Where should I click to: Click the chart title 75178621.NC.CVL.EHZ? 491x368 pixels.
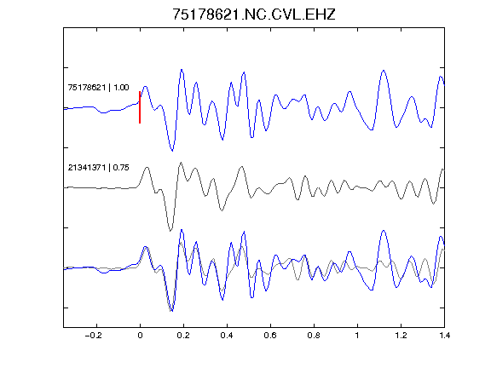(254, 14)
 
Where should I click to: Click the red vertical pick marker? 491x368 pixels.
(140, 107)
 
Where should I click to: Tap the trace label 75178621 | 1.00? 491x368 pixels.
(98, 87)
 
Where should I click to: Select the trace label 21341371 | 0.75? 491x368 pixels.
(98, 168)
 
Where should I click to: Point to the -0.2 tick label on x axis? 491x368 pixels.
(93, 336)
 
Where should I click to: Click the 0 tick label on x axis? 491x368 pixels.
(140, 336)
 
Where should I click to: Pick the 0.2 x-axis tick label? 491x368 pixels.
(183, 336)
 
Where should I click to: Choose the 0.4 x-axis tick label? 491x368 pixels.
(227, 336)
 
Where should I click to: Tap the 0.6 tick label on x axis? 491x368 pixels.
(270, 336)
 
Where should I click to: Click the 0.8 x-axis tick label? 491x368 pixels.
(314, 336)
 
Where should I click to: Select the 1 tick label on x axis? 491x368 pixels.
(357, 336)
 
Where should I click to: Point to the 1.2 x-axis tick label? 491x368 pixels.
(401, 336)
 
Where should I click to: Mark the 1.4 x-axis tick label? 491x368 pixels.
(444, 336)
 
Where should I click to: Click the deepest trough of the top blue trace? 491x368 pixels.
(172, 151)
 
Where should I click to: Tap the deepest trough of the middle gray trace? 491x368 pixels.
(170, 231)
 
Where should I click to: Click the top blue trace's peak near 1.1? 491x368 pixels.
(384, 71)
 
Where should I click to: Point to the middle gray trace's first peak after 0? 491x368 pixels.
(147, 168)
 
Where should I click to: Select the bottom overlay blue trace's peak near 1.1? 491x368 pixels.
(384, 231)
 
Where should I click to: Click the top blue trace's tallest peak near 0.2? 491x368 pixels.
(182, 70)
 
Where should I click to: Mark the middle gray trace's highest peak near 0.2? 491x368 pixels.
(181, 163)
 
